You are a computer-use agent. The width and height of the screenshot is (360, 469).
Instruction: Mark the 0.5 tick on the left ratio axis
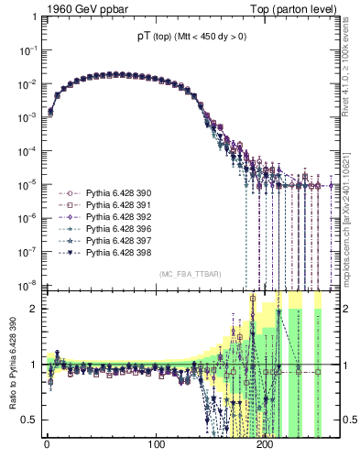(x=27, y=420)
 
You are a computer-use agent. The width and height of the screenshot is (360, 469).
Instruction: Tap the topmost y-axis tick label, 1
(x=32, y=18)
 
